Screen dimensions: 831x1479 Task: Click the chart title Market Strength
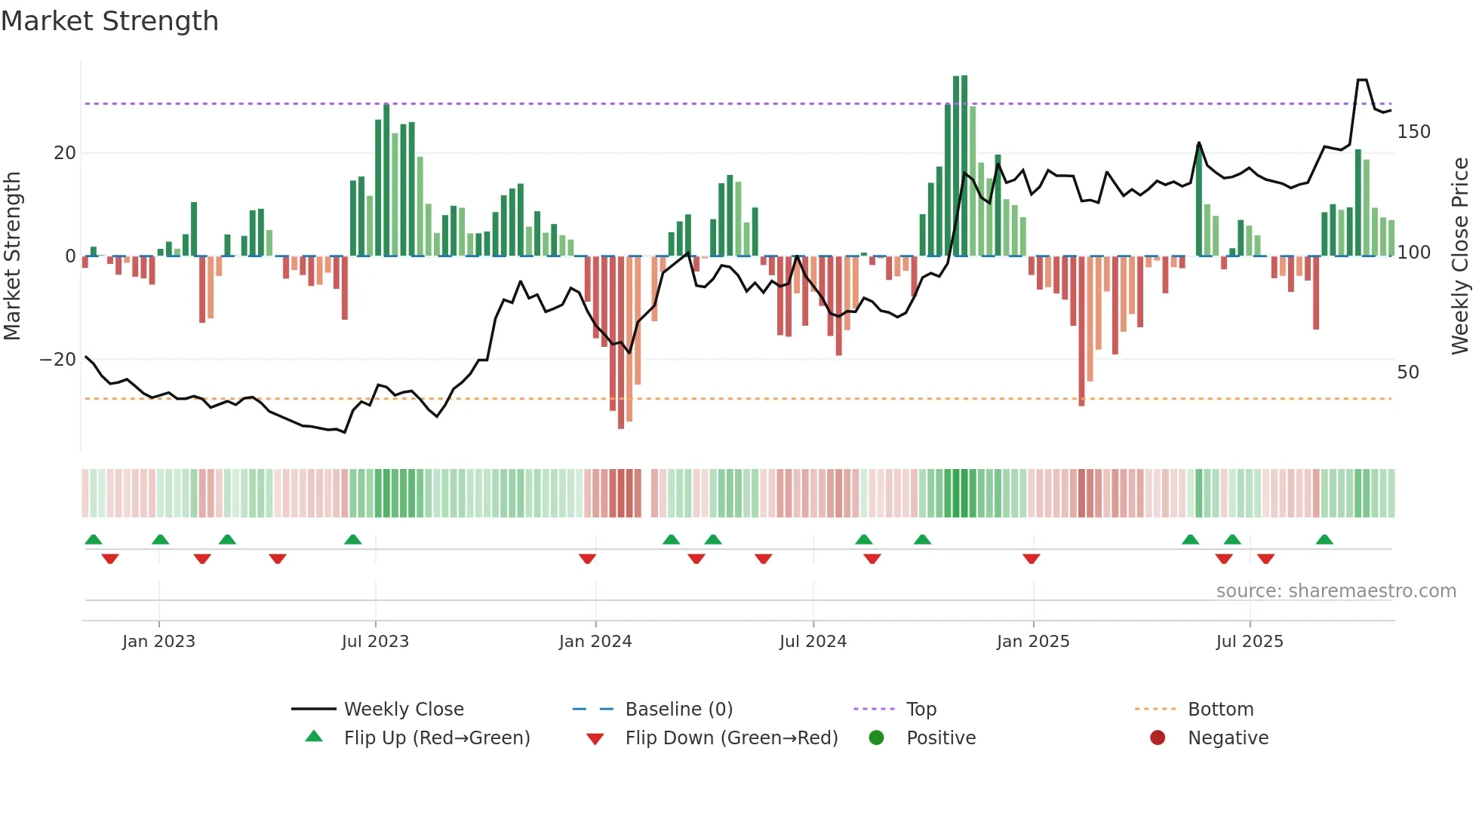(109, 21)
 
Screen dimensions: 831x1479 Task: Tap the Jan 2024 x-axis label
(595, 642)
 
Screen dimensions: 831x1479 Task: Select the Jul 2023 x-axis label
(375, 642)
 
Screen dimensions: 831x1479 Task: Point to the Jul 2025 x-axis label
(1249, 642)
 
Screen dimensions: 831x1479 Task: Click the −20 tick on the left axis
(58, 360)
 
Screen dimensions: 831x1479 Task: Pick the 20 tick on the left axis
(65, 153)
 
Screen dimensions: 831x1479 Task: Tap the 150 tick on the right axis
(1413, 132)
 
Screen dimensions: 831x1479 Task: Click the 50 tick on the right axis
(1407, 373)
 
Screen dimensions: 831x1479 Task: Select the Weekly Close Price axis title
(1460, 256)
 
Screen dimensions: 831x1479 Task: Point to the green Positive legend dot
(876, 738)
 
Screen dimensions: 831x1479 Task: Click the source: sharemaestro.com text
(1336, 591)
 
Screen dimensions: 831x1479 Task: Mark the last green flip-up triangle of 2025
(1324, 539)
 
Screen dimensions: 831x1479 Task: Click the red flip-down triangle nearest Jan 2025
(1032, 559)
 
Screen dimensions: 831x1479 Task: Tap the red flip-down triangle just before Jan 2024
(588, 559)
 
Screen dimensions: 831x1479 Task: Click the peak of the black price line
(1362, 80)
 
